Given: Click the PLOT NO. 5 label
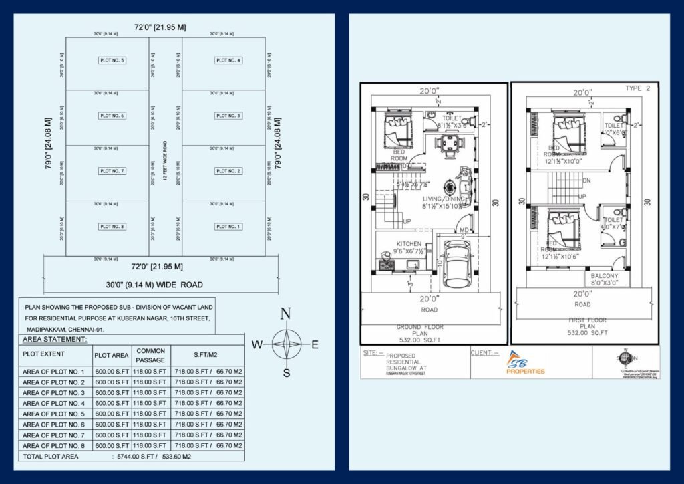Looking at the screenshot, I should point(112,61).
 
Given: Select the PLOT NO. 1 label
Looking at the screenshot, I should point(228,227).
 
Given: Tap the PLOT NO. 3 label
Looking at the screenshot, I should point(228,116).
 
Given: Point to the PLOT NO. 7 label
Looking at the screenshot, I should point(112,171).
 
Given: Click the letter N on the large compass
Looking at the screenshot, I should point(285,313).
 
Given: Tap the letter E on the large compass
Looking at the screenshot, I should point(315,345).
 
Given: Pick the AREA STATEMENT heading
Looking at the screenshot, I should point(55,340).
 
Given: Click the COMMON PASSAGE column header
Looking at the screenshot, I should point(150,355).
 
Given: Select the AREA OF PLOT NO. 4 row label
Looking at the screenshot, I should point(54,403).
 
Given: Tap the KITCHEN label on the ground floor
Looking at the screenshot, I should point(409,244).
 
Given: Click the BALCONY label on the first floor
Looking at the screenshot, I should point(604,276).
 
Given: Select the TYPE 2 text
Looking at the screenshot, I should point(637,88).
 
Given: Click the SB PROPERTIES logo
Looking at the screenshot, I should point(526,363).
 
